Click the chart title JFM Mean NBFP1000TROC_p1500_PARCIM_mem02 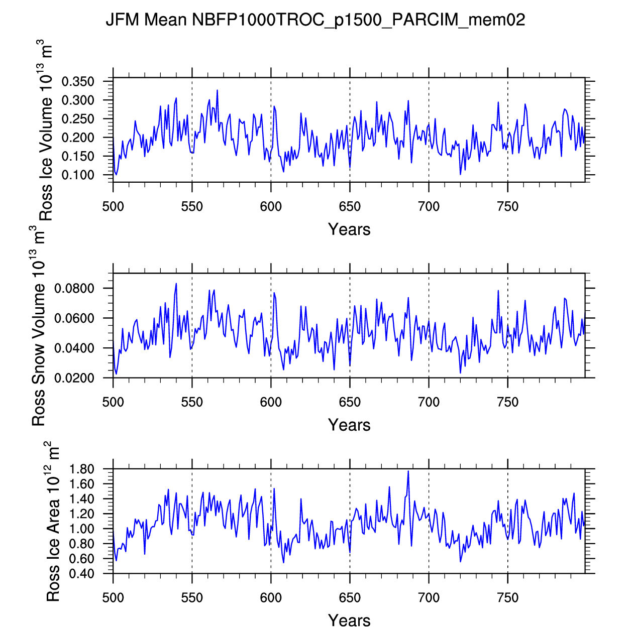click(315, 20)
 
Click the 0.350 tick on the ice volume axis click(78, 82)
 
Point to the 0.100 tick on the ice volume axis click(78, 175)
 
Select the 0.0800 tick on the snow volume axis click(74, 289)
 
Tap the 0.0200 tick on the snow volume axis click(74, 378)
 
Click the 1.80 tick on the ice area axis click(82, 469)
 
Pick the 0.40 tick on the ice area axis click(82, 574)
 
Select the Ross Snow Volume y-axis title click(38, 326)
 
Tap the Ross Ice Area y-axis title click(52, 522)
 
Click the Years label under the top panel click(349, 229)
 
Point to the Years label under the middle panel click(349, 425)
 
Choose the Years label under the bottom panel click(349, 620)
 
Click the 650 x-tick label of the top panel click(350, 206)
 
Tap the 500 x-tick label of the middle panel click(113, 402)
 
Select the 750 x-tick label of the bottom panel click(507, 598)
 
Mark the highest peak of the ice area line click(408, 471)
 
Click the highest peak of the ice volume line click(217, 90)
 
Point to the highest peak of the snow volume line click(176, 284)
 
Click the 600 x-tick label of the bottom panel click(271, 598)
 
